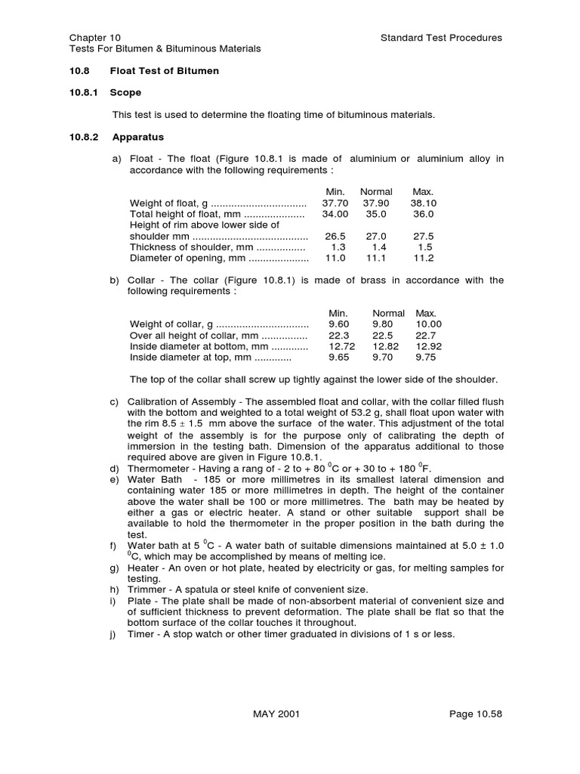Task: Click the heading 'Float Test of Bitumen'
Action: [x=165, y=71]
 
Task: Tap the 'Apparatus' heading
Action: [x=138, y=138]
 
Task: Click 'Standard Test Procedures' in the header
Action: [x=442, y=37]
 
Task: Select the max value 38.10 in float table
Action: [x=423, y=203]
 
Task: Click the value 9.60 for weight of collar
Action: [x=340, y=324]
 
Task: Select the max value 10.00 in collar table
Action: [x=428, y=324]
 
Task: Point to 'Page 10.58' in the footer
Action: [x=475, y=714]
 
